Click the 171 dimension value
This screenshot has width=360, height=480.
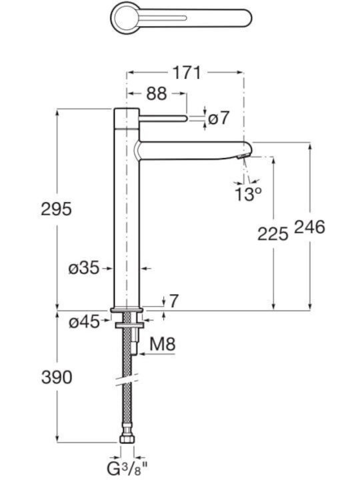187,73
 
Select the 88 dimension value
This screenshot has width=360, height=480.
157,93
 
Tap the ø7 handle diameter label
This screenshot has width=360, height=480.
218,118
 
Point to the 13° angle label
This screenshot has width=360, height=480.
248,194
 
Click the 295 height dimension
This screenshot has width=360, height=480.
56,209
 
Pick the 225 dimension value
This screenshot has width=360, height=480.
273,234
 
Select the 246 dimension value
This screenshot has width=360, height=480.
309,227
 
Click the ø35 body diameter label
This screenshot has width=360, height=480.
83,269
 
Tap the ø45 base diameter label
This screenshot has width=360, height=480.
84,322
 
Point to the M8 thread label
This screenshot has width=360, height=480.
163,344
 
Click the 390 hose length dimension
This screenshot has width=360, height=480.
57,377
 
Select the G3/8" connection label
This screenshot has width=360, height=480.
127,469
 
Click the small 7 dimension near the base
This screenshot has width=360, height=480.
173,301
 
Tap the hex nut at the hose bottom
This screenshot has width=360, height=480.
127,439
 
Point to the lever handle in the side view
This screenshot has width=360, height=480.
163,118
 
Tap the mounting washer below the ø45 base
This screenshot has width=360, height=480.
129,325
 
